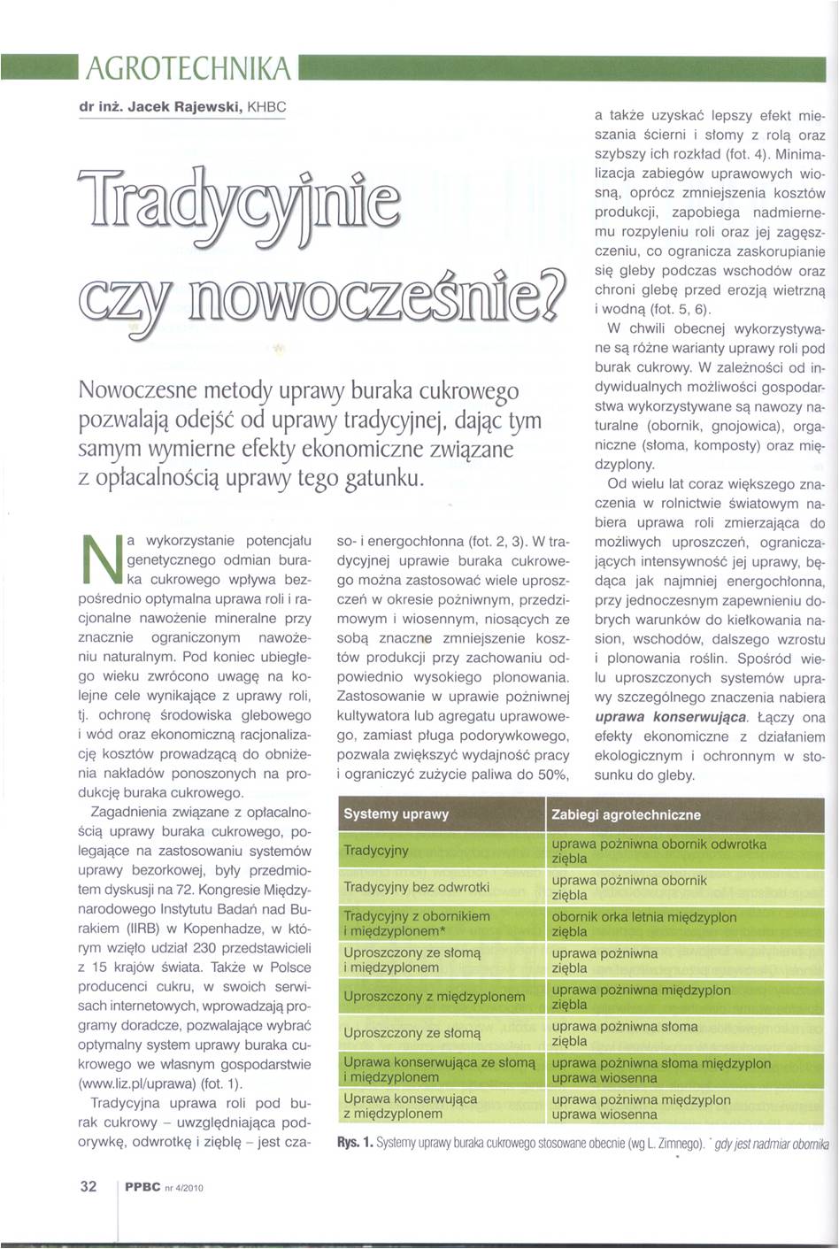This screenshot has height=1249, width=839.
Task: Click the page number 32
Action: [89, 1187]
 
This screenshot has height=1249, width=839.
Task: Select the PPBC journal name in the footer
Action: [142, 1188]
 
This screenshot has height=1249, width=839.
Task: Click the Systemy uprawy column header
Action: [396, 814]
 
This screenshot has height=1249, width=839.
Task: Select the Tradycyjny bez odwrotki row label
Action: [416, 887]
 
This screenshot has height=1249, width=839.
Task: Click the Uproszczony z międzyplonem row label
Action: [434, 997]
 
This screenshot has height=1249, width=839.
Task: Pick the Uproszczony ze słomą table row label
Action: [412, 1033]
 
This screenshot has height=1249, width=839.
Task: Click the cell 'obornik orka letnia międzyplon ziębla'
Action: [643, 924]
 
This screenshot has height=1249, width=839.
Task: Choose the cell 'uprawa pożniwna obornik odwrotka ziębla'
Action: [658, 851]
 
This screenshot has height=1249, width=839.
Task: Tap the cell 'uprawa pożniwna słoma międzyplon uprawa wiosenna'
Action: [660, 1070]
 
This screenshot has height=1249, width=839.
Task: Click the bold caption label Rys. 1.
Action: [354, 1143]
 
